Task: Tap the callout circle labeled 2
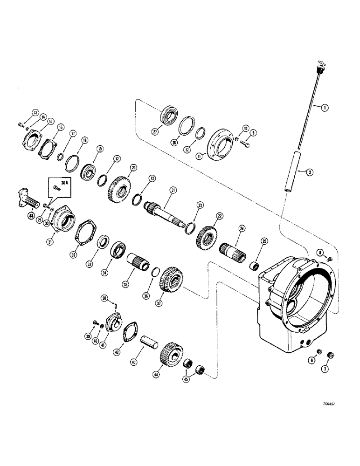point(309,172)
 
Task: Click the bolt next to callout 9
point(246,146)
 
